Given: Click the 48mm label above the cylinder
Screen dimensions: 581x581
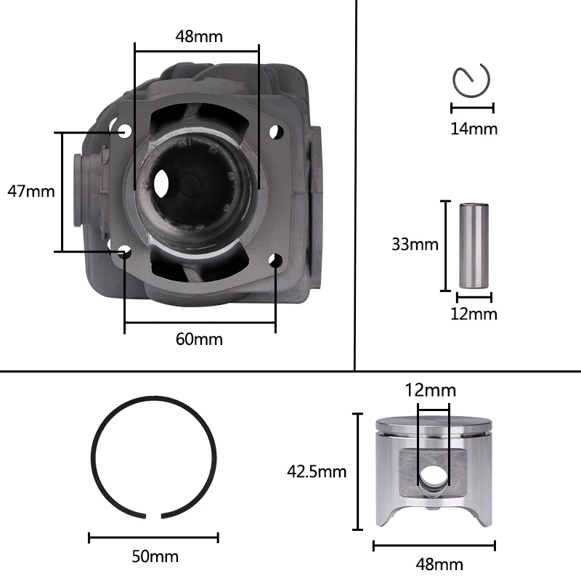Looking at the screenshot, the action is pos(199,36).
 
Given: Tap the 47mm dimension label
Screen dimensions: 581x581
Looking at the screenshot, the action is pos(31,191).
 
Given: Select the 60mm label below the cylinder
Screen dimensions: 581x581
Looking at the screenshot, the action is pos(199,339).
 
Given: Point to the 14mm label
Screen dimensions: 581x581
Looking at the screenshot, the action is pos(474,129).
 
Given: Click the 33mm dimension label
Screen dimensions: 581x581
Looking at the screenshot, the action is pos(415,244).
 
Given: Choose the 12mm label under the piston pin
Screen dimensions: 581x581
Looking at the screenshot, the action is pos(474,314).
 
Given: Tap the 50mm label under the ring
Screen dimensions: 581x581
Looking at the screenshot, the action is pos(155,556).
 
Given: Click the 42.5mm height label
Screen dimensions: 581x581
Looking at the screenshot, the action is pos(317,471).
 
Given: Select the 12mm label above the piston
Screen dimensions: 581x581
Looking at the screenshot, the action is pos(430,390).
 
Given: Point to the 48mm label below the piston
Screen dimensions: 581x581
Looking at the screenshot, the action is pos(439,564).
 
